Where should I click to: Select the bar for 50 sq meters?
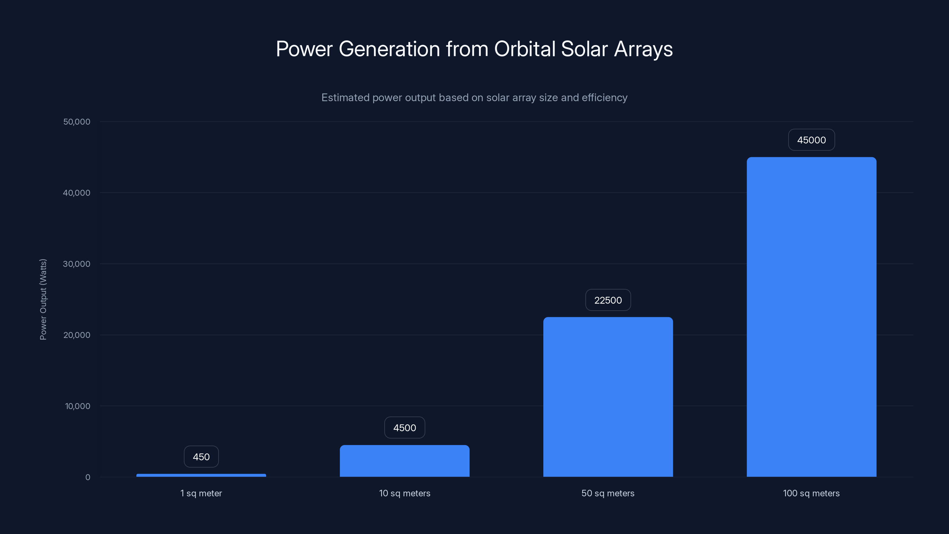click(608, 397)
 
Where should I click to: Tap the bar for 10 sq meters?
click(405, 461)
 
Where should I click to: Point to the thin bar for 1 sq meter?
click(201, 475)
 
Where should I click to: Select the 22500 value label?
click(608, 300)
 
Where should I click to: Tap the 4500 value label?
click(405, 428)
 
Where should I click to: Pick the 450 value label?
click(201, 457)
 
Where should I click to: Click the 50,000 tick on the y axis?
click(77, 122)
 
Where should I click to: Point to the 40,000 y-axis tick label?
click(77, 193)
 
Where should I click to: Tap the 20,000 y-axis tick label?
click(77, 335)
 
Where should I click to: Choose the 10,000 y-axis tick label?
click(77, 406)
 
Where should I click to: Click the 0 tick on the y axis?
click(88, 478)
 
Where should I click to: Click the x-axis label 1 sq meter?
click(201, 493)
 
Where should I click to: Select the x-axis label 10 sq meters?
click(405, 493)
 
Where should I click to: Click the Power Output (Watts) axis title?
click(43, 299)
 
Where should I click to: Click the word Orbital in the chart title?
click(525, 49)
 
